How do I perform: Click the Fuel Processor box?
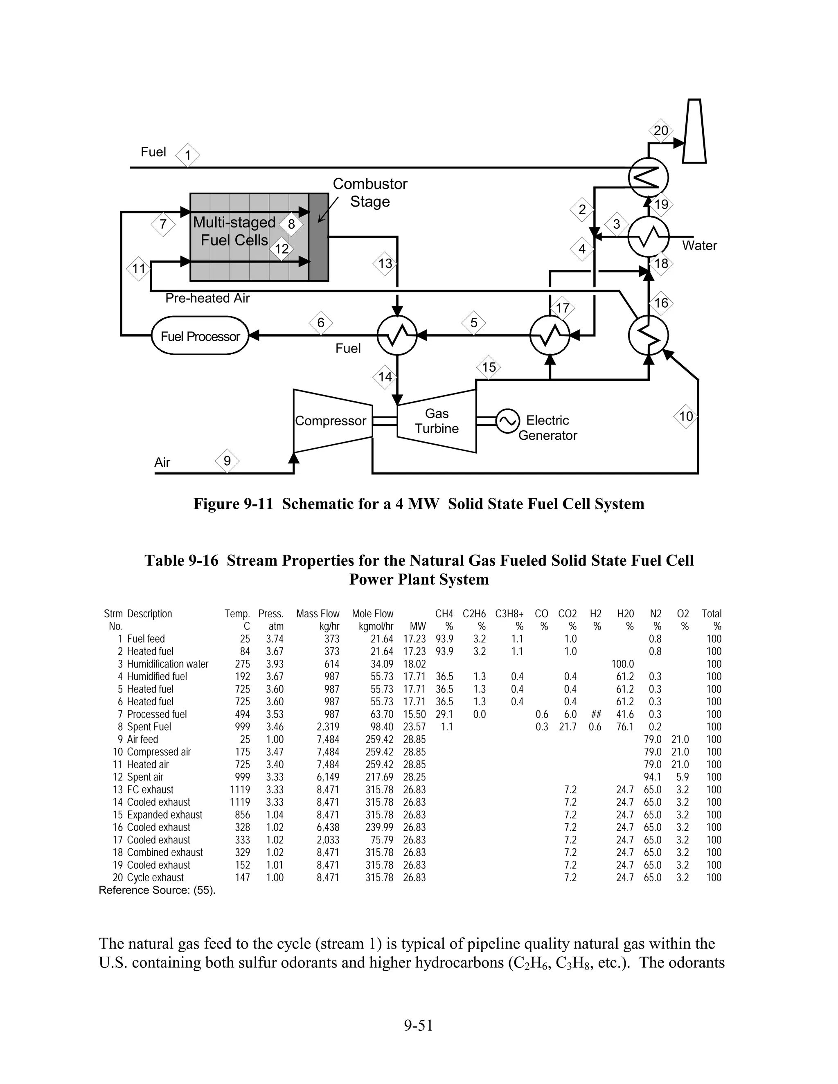tap(200, 336)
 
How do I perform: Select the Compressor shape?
tap(331, 421)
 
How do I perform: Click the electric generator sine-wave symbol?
tap(507, 421)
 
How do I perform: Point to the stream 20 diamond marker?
tap(661, 131)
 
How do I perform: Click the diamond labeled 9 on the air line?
tap(227, 461)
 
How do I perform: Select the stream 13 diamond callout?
tap(385, 263)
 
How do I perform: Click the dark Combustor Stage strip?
tap(318, 237)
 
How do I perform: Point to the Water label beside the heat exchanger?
tap(699, 246)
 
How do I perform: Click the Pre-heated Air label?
tap(207, 298)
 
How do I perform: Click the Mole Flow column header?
tap(372, 614)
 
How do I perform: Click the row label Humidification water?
tap(167, 664)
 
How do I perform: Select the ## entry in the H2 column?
tap(596, 714)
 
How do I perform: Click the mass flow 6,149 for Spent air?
tap(328, 777)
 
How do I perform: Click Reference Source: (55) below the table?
tap(157, 891)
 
